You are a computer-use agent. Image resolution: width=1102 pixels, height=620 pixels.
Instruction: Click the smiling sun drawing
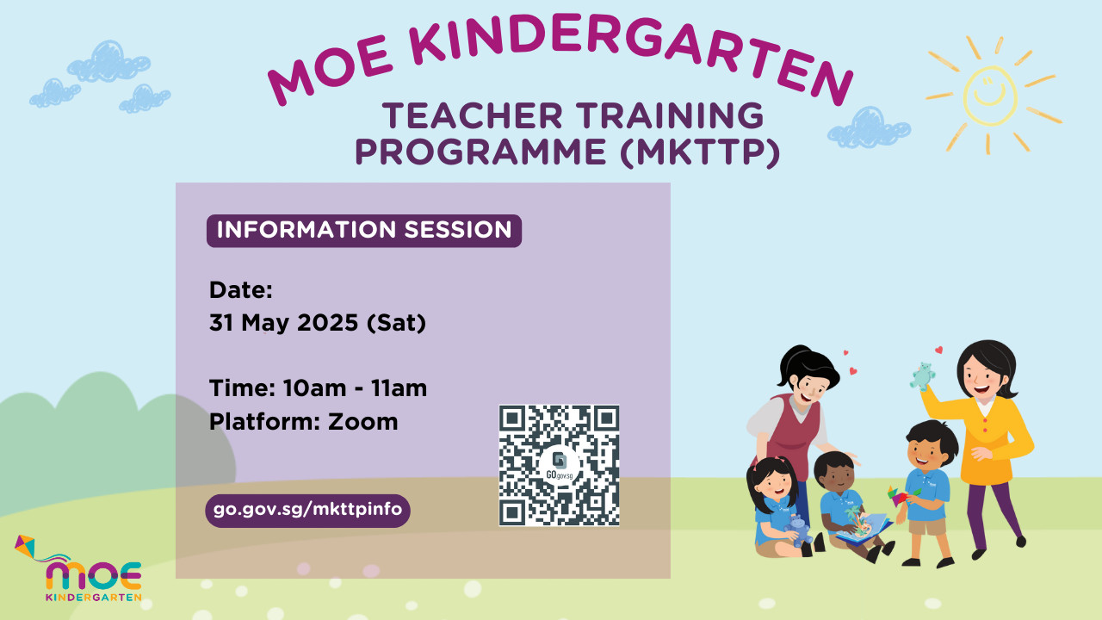coord(990,95)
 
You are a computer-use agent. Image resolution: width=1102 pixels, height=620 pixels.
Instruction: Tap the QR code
coord(559,465)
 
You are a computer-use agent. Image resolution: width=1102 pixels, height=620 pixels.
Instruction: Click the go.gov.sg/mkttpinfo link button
coord(307,511)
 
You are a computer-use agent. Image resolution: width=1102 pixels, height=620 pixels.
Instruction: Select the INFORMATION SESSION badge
coord(364,230)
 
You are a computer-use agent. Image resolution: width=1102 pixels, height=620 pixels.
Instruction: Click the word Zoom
coord(362,422)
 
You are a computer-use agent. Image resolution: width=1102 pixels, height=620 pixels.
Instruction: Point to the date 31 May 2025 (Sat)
coord(318,323)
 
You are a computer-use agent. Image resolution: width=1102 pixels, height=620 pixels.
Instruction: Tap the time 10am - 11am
coord(355,388)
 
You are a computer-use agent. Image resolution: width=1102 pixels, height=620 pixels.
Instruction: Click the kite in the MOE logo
coord(26,547)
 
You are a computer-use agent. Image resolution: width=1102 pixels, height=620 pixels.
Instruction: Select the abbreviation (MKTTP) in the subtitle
coord(700,152)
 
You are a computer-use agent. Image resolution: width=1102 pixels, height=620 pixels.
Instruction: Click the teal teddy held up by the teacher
coord(921,376)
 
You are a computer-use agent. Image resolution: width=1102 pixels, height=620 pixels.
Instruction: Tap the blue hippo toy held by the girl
coord(798,530)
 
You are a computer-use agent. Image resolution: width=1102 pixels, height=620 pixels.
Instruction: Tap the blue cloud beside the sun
coord(868,128)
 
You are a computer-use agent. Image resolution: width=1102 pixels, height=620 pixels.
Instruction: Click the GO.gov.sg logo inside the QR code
coord(560,466)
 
